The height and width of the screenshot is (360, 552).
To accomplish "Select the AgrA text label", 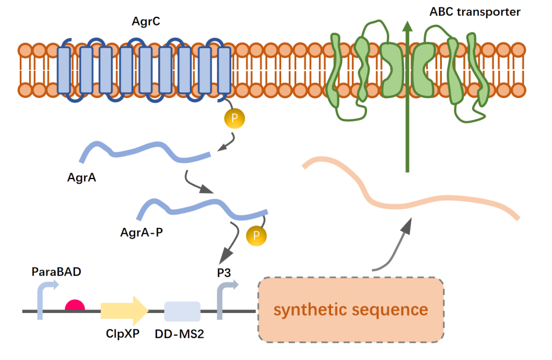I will (x=82, y=177).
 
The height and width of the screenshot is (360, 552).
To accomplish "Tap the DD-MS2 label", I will (x=183, y=334).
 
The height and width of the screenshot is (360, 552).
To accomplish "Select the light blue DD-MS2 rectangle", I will (x=182, y=311).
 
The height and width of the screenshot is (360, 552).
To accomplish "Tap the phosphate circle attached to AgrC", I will (x=234, y=118).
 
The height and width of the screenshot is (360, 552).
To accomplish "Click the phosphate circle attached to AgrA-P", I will (x=256, y=235).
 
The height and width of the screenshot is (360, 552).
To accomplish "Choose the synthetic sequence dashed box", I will (x=351, y=310).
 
